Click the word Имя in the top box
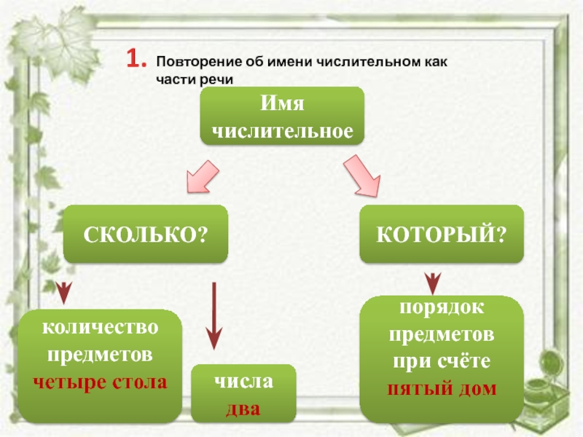(x=281, y=105)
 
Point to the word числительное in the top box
(x=281, y=132)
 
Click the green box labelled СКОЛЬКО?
(x=146, y=234)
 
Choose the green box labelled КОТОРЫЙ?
(x=442, y=234)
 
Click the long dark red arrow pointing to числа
(x=214, y=314)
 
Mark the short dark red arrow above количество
(x=64, y=291)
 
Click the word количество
(x=101, y=328)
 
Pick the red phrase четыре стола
(x=101, y=381)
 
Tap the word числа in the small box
(x=243, y=381)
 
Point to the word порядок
(x=442, y=308)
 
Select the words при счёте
(x=442, y=362)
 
